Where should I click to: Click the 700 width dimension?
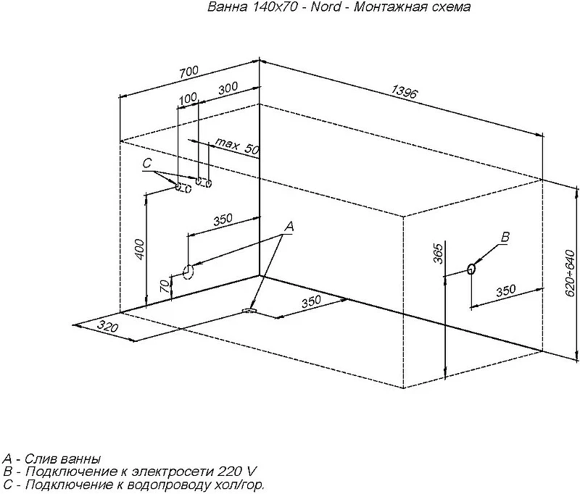[189, 72]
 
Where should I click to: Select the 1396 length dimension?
[405, 92]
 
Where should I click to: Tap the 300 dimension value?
[228, 88]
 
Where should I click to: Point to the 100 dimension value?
[188, 99]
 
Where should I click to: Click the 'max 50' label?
[237, 146]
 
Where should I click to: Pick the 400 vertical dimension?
[139, 249]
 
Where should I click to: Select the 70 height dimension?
[165, 285]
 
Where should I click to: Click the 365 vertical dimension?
[438, 254]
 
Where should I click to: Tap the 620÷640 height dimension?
[571, 273]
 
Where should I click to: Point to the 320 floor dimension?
[108, 327]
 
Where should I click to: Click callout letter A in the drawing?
[289, 227]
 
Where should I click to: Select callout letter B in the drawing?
[505, 237]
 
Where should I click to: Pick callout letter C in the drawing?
[147, 163]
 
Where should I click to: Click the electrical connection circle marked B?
[471, 269]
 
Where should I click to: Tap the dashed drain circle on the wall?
[188, 272]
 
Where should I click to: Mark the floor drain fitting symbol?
[249, 310]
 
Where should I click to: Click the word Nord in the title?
[326, 7]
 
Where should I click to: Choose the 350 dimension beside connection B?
[505, 290]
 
